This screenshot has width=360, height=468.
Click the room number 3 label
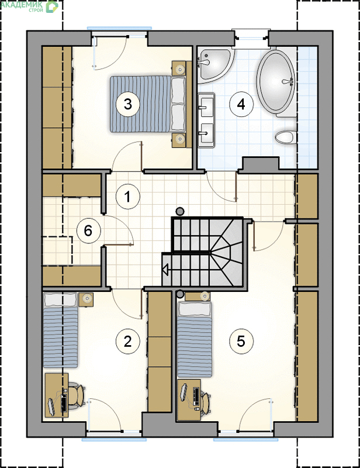click(128, 104)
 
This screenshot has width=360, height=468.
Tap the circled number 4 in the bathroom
click(241, 104)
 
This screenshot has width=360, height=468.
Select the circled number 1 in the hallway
click(127, 197)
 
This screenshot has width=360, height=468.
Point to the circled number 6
click(89, 230)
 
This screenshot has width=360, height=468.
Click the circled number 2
click(127, 341)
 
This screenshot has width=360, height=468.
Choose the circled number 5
click(241, 341)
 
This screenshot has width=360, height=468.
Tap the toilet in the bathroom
click(286, 137)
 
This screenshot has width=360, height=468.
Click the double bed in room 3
click(148, 104)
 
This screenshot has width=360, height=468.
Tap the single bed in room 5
click(195, 339)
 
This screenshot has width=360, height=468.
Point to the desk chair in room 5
click(205, 402)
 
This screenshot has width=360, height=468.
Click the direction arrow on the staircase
click(165, 270)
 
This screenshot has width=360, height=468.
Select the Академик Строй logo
click(29, 6)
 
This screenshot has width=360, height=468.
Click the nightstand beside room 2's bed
click(86, 300)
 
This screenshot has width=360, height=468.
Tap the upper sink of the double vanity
click(206, 105)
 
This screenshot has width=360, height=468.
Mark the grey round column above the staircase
click(179, 212)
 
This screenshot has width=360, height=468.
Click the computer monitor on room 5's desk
click(184, 391)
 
